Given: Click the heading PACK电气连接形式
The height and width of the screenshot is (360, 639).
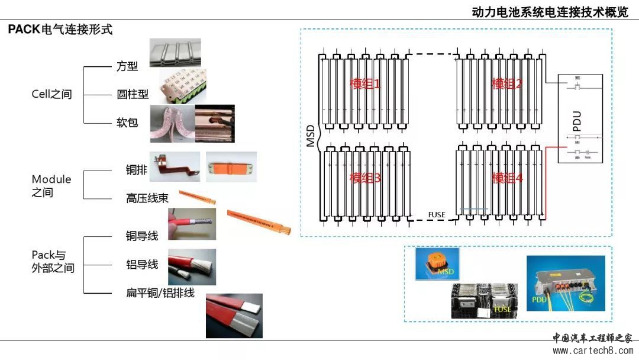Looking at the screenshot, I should pyautogui.click(x=60, y=30).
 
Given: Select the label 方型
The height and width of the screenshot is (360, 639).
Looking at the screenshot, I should pyautogui.click(x=127, y=66).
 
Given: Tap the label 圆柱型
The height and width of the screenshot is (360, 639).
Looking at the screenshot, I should pyautogui.click(x=133, y=94).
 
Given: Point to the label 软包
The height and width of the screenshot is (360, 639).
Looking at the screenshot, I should pyautogui.click(x=127, y=123).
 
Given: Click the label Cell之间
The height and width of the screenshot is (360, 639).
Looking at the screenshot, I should pyautogui.click(x=51, y=94).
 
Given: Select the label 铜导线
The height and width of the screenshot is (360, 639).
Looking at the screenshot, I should pyautogui.click(x=142, y=236).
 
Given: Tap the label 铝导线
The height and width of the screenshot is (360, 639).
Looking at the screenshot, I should pyautogui.click(x=142, y=264).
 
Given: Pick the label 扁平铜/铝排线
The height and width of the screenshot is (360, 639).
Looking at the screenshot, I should pyautogui.click(x=160, y=292).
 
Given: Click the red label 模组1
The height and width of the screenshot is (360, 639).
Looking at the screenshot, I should pyautogui.click(x=365, y=84).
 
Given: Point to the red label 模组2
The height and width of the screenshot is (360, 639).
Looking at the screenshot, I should pyautogui.click(x=507, y=84).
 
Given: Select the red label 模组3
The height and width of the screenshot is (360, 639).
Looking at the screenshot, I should pyautogui.click(x=365, y=178).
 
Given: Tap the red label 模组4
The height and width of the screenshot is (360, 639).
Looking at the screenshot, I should pyautogui.click(x=507, y=178).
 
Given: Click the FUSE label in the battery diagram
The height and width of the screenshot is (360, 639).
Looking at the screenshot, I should pyautogui.click(x=436, y=214).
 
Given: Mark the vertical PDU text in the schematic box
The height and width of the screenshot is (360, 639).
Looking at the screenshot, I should pyautogui.click(x=577, y=120).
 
